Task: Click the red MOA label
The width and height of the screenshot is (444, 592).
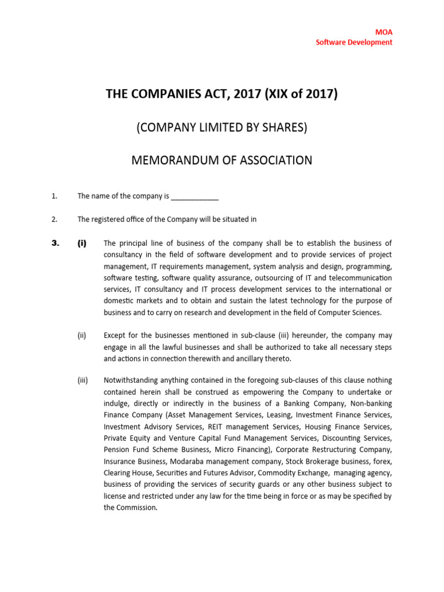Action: click(384, 32)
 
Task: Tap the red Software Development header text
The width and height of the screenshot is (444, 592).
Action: click(354, 42)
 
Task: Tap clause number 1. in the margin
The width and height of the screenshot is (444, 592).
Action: click(54, 197)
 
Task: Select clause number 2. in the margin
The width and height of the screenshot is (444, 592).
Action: click(54, 219)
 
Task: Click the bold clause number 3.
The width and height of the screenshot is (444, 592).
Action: click(55, 243)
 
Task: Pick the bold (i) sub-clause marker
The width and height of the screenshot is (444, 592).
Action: click(82, 243)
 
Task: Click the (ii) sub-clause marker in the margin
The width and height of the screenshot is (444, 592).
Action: click(82, 335)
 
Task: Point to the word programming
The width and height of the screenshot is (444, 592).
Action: click(369, 266)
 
